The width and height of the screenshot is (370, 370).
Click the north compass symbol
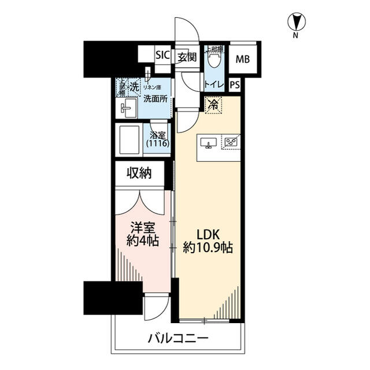(x=295, y=23)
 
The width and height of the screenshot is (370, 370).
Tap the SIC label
(x=162, y=57)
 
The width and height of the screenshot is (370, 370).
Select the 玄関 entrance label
(x=187, y=57)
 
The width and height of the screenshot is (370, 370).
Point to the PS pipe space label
(x=235, y=85)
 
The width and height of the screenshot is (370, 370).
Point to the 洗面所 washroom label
(x=156, y=99)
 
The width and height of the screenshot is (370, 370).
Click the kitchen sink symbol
(x=209, y=142)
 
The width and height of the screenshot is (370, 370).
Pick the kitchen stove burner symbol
(x=232, y=142)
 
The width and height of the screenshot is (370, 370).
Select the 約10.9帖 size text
(x=208, y=250)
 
